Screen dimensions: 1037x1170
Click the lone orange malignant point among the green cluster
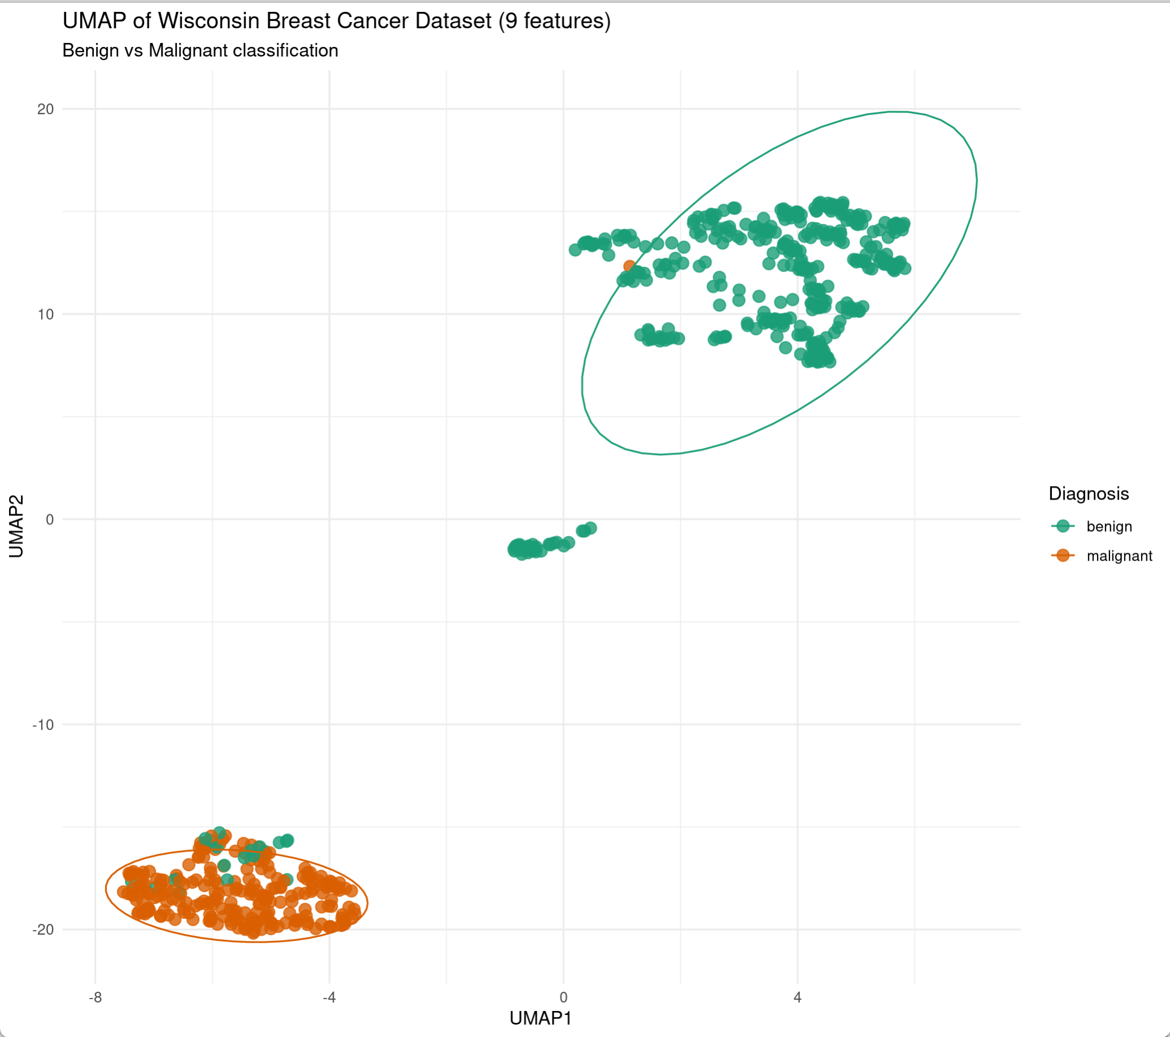tap(629, 266)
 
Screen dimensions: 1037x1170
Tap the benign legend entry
tap(1109, 526)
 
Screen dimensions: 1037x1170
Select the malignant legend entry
tap(1119, 556)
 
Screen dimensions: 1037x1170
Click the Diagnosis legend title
tap(1088, 493)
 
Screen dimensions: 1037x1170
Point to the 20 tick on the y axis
tap(45, 109)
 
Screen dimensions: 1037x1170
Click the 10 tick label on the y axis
tap(45, 314)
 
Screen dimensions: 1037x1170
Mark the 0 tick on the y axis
tap(49, 519)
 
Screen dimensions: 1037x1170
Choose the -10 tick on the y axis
tap(43, 724)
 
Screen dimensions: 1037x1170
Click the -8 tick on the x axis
tap(95, 997)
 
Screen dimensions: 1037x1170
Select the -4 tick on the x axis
tap(329, 997)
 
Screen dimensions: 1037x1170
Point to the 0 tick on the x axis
tap(563, 997)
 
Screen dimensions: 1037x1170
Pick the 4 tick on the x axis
tap(797, 997)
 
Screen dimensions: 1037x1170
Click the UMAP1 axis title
tap(540, 1018)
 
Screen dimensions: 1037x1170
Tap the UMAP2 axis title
tap(16, 526)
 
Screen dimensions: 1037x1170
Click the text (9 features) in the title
tap(554, 21)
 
